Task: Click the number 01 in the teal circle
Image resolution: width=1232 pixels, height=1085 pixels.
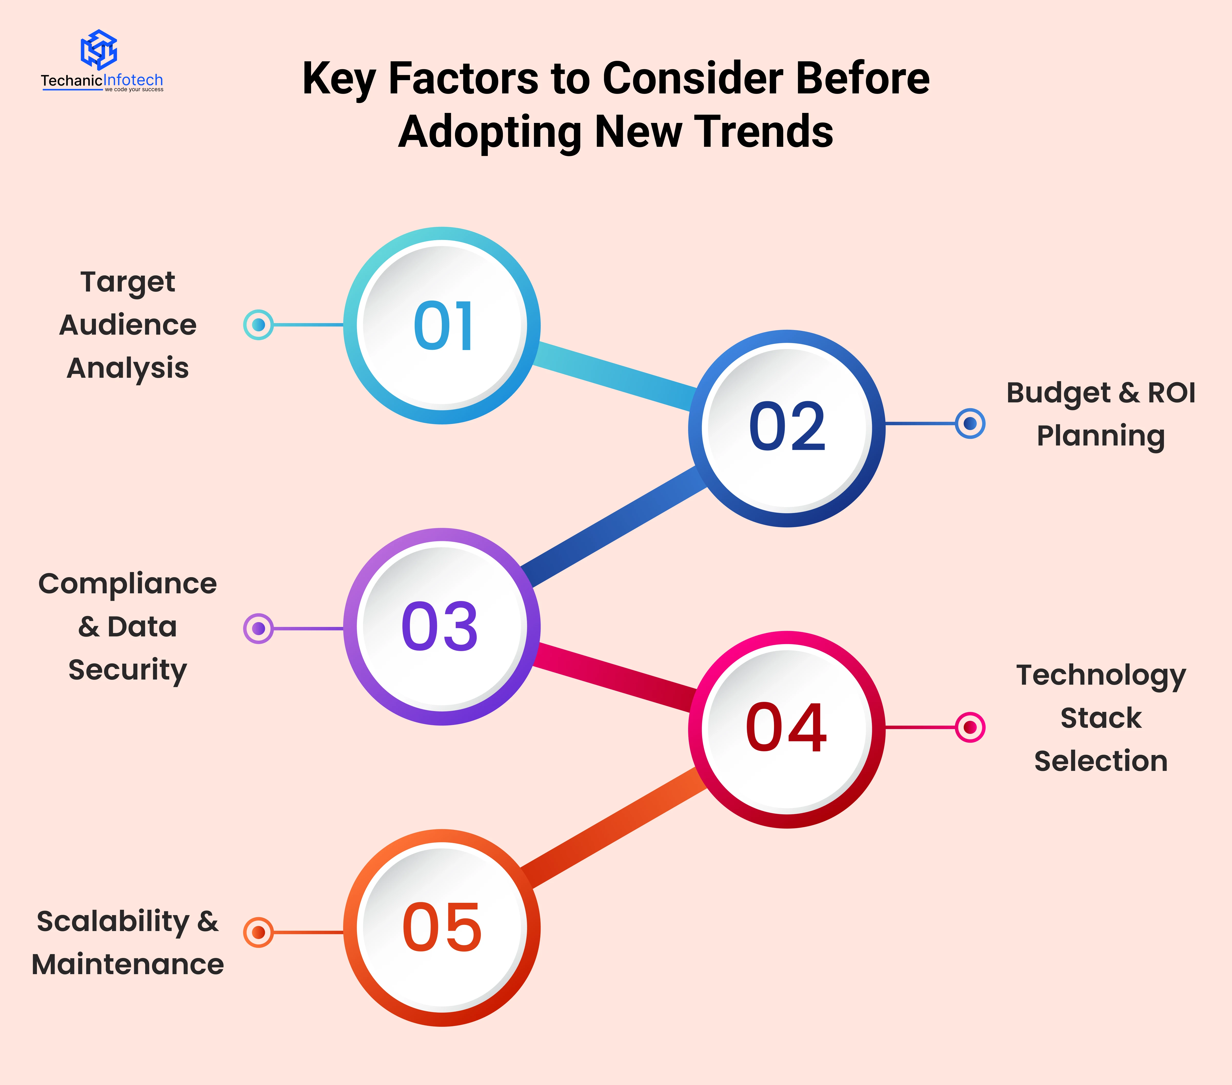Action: (443, 326)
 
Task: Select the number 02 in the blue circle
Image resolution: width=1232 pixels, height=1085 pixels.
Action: (787, 427)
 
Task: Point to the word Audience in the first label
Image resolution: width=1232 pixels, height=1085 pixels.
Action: (128, 325)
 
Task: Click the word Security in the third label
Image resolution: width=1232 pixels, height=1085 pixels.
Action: (128, 670)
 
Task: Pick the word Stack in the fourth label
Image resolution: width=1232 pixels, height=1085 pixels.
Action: (1101, 718)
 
